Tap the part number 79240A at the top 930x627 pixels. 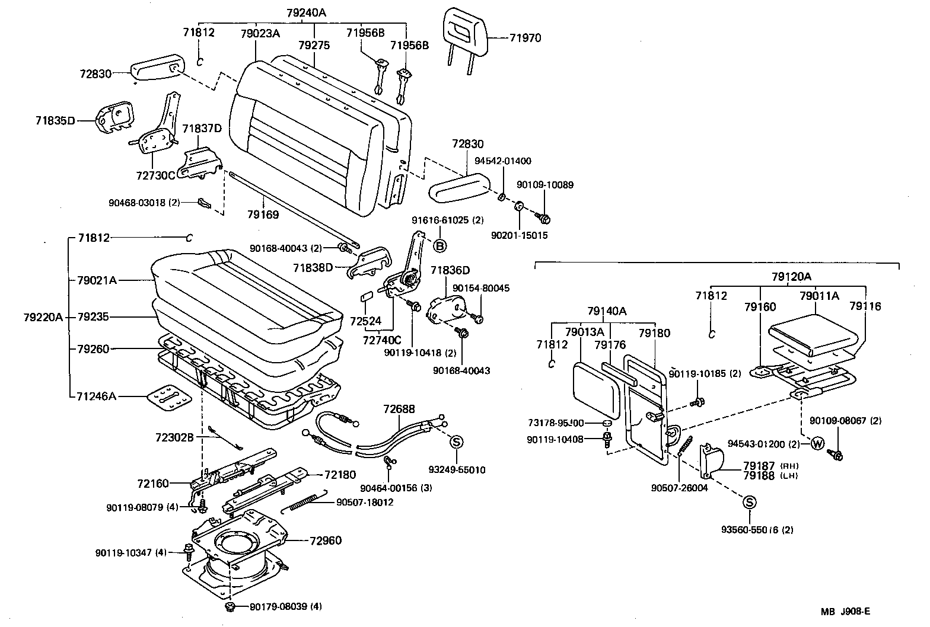coord(306,12)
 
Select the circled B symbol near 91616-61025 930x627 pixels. coord(441,245)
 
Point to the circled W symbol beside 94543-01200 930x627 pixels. coord(817,443)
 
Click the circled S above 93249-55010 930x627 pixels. coord(457,442)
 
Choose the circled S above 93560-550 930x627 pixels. coord(749,503)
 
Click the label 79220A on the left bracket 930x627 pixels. coord(42,317)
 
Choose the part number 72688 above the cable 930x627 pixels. coord(399,409)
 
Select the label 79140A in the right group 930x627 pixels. coord(607,311)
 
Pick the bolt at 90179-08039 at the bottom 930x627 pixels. coord(231,608)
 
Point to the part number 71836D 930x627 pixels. coord(450,271)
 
